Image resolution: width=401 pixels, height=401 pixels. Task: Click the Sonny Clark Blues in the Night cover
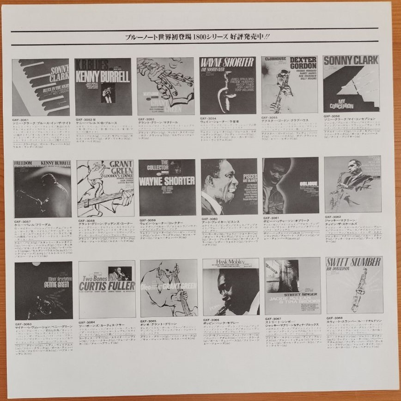tap(41, 87)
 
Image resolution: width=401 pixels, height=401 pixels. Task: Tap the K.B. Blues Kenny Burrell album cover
tap(103, 86)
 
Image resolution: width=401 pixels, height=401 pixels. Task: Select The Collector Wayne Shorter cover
tap(167, 187)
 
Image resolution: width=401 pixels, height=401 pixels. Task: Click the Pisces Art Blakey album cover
tap(229, 186)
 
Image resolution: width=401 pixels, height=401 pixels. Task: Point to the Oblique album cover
tap(291, 186)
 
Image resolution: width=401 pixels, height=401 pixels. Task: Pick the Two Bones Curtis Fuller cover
tap(107, 289)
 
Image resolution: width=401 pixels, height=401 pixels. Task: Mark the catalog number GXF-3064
tap(86, 322)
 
